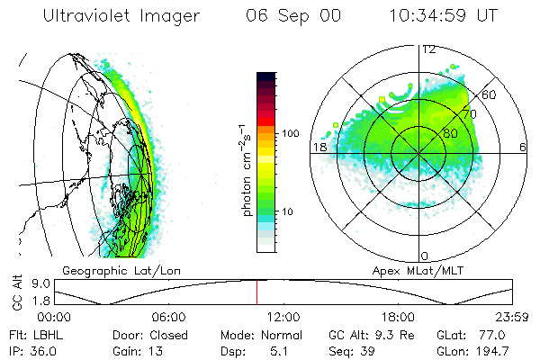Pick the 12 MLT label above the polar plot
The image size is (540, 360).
(x=429, y=49)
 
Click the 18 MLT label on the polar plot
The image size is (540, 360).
(x=319, y=146)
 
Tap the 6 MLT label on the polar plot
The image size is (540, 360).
(x=522, y=146)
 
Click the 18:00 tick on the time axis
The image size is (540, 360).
(x=398, y=317)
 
